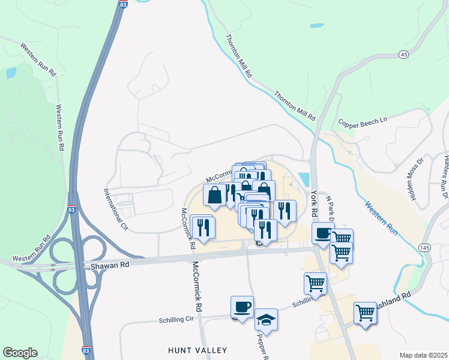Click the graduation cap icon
point(266,320)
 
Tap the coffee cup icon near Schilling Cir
point(242,307)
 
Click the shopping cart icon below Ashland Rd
point(365,313)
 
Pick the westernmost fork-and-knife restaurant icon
point(202,227)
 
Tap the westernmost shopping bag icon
point(215,194)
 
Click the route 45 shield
point(403,55)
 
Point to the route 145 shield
point(425,248)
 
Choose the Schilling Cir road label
point(180,320)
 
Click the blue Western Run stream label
point(382,217)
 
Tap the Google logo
point(20,353)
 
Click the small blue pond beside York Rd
point(304,179)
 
